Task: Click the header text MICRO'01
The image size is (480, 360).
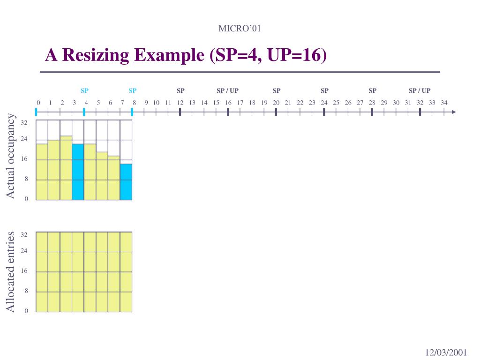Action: (240, 29)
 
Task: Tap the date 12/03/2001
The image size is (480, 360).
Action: (446, 352)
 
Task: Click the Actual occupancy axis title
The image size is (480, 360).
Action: (11, 156)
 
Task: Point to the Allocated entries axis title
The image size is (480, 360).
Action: (11, 271)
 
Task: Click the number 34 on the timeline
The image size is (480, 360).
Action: (444, 103)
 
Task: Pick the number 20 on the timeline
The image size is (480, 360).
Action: (276, 103)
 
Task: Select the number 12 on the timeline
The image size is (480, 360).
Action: (180, 103)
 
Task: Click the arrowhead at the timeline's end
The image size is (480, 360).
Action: (453, 112)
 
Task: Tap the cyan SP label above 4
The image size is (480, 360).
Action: (84, 90)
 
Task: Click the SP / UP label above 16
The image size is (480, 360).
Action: (227, 90)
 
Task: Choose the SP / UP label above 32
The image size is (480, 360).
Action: (420, 90)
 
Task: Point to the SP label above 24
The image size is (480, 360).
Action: (324, 90)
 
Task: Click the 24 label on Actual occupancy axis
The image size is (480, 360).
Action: (24, 139)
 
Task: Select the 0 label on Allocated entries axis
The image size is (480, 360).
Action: (26, 311)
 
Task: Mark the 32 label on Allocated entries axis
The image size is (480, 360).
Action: (24, 234)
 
